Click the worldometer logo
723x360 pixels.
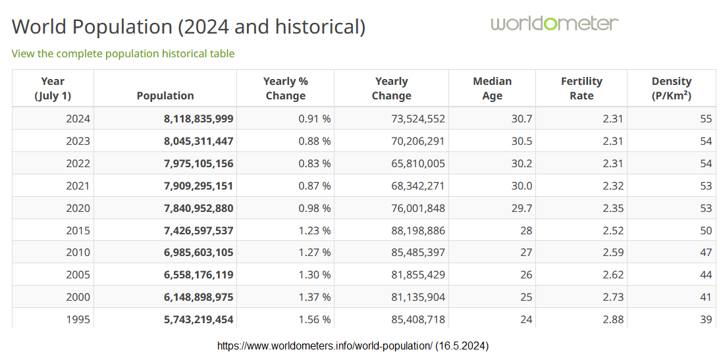(x=554, y=24)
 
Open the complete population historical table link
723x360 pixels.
(x=123, y=54)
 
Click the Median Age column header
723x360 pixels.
(x=492, y=88)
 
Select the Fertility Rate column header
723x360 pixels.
(x=581, y=88)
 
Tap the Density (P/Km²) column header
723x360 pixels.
(x=671, y=88)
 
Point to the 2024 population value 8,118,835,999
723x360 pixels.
(x=198, y=119)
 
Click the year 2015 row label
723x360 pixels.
(x=78, y=230)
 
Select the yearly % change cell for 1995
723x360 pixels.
(x=308, y=320)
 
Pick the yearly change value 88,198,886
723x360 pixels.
(x=417, y=230)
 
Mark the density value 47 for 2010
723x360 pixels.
(x=705, y=252)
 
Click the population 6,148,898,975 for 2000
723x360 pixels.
(x=198, y=297)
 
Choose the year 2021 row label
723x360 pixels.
(x=78, y=186)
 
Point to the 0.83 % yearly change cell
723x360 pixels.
(x=308, y=163)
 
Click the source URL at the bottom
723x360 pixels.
(x=352, y=346)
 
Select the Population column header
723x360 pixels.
(x=165, y=95)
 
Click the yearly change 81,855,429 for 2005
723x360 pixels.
(x=417, y=274)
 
